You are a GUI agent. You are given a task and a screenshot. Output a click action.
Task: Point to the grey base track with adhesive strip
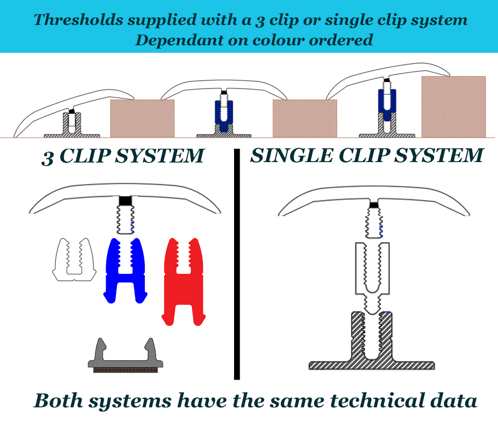tap(126, 360)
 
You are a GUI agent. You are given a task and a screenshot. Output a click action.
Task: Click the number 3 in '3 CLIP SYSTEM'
tap(48, 157)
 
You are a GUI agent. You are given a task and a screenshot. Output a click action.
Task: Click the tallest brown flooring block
tap(453, 106)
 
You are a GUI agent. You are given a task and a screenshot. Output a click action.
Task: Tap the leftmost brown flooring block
tap(142, 118)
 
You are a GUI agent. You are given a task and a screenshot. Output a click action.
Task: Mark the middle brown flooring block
tap(305, 118)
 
